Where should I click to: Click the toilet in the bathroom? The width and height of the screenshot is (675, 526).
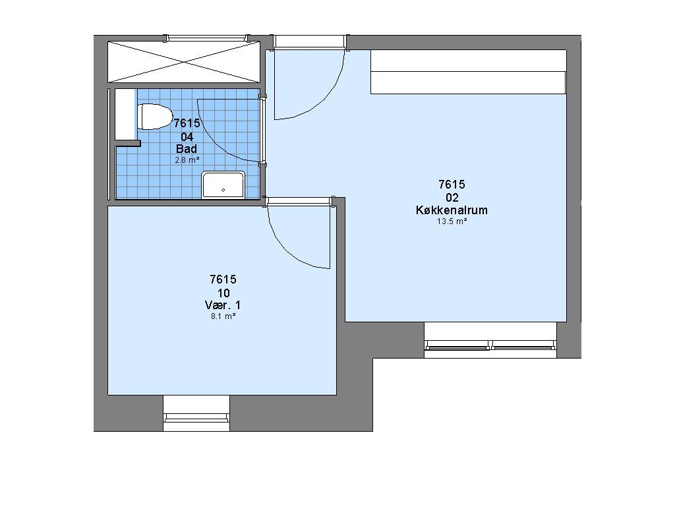154,117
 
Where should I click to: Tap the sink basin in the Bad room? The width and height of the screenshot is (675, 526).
223,185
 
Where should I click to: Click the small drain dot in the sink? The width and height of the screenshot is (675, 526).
223,190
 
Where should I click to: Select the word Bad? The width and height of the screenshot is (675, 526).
187,149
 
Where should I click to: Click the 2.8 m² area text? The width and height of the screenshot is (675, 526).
187,160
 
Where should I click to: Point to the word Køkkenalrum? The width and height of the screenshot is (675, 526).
452,210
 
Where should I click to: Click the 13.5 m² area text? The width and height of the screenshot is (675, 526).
452,221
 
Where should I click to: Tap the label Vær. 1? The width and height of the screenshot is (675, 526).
223,305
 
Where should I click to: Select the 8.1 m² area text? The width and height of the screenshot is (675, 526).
223,316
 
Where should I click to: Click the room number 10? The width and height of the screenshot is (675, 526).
223,293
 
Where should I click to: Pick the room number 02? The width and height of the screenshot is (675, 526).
452,198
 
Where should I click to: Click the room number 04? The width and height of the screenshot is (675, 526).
187,137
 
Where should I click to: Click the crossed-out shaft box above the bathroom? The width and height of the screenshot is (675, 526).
184,61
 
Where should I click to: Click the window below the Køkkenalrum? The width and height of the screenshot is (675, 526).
490,340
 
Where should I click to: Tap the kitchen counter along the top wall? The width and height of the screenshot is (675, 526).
469,72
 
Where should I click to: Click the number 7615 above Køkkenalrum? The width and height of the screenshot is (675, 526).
452,184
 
